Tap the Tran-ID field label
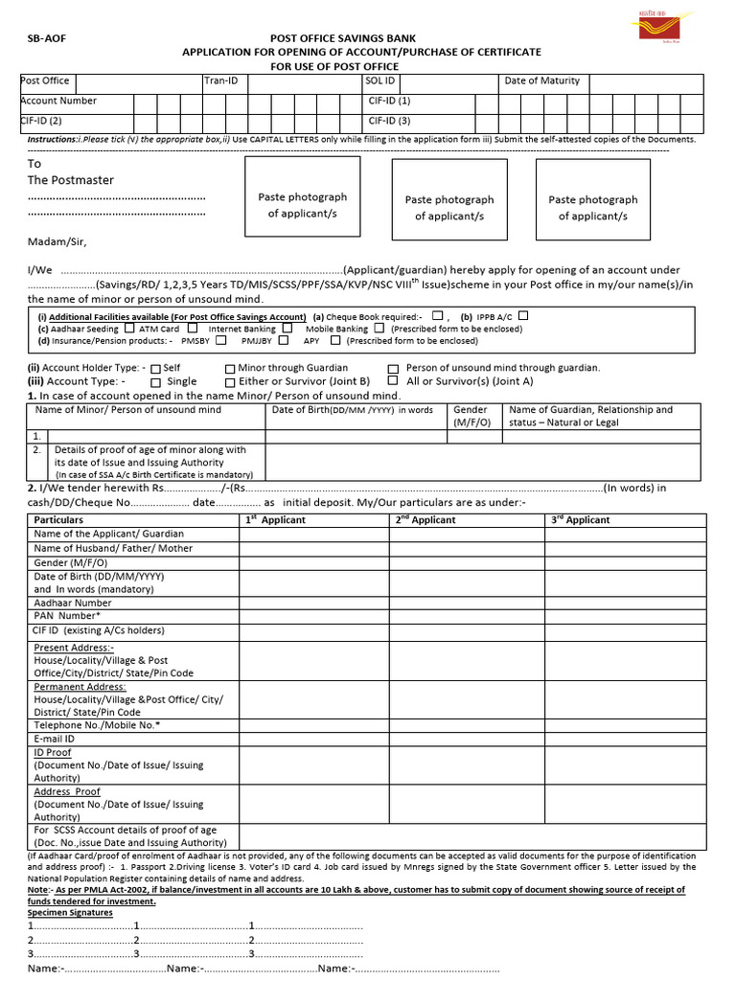tap(220, 81)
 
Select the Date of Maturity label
tap(541, 81)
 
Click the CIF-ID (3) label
tap(389, 121)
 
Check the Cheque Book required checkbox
tap(437, 315)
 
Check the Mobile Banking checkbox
tap(379, 328)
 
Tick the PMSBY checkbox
tap(221, 340)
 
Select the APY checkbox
tap(335, 340)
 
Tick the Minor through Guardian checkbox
tap(230, 368)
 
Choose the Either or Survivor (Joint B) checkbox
tap(230, 382)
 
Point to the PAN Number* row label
tap(66, 616)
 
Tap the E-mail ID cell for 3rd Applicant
tap(622, 740)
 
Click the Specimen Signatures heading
tap(70, 913)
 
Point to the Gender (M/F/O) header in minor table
tap(471, 416)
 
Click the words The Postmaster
tap(70, 180)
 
